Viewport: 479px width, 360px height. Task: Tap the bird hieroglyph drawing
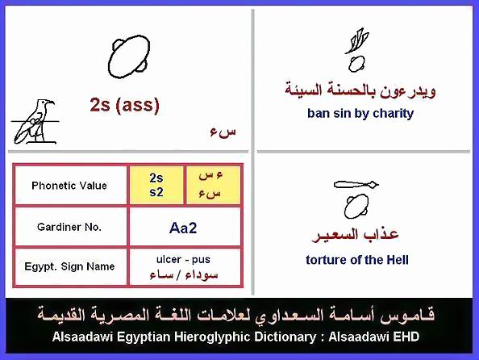[34, 122]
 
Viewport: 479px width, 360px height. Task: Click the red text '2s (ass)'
[125, 105]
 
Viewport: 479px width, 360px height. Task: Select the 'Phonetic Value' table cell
[69, 186]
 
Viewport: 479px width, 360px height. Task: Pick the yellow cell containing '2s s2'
[156, 186]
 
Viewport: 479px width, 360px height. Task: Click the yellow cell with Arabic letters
[213, 186]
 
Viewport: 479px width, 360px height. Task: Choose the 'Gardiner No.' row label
[69, 227]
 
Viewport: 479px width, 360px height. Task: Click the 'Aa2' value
[183, 228]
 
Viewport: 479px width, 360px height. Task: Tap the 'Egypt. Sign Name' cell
[69, 266]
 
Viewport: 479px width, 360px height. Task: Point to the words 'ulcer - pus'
[183, 259]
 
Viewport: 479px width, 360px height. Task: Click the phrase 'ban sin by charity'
[360, 114]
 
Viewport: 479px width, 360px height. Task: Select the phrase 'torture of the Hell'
[357, 260]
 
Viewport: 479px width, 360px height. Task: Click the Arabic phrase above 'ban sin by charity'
[360, 90]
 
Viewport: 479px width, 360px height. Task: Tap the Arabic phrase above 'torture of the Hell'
[356, 235]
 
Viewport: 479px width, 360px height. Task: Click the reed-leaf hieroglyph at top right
[357, 40]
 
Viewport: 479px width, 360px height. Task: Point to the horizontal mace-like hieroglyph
[356, 184]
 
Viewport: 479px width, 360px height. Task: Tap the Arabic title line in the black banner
[235, 315]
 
